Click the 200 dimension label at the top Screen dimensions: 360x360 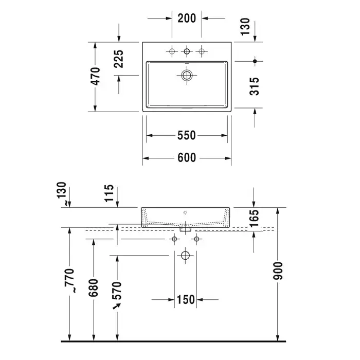point(187,18)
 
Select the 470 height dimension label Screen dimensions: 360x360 point(95,76)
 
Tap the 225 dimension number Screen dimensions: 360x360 point(119,59)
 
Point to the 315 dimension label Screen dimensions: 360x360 point(255,86)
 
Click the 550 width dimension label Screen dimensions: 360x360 point(186,135)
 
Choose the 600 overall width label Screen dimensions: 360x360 point(187,158)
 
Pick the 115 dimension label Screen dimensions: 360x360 point(109,193)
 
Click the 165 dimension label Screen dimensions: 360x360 point(254,218)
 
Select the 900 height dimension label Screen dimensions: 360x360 point(278,271)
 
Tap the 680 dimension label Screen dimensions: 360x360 point(94,287)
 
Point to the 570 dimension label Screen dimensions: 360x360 point(117,291)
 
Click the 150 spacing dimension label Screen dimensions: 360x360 point(186,300)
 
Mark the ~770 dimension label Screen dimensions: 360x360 point(69,281)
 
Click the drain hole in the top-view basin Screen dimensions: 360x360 point(187,75)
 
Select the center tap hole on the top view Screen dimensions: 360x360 point(187,51)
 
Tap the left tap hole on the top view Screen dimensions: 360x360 point(172,51)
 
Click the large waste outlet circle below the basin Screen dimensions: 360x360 point(185,255)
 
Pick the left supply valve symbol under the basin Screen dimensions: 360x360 point(174,239)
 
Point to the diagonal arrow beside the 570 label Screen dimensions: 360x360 point(117,306)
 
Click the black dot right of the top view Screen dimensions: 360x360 point(255,61)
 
